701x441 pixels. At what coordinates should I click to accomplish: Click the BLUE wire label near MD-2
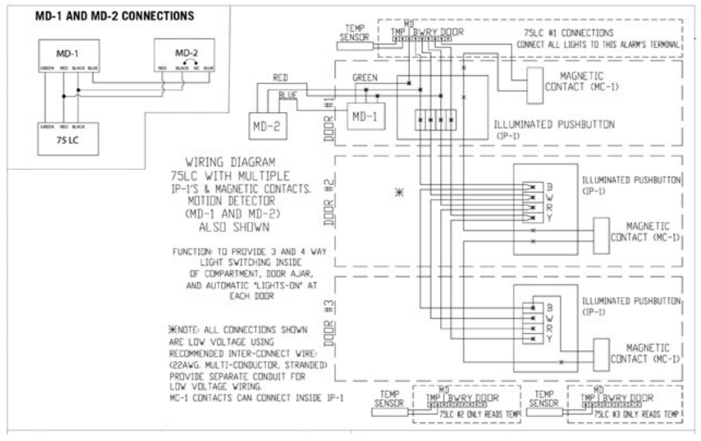click(286, 96)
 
